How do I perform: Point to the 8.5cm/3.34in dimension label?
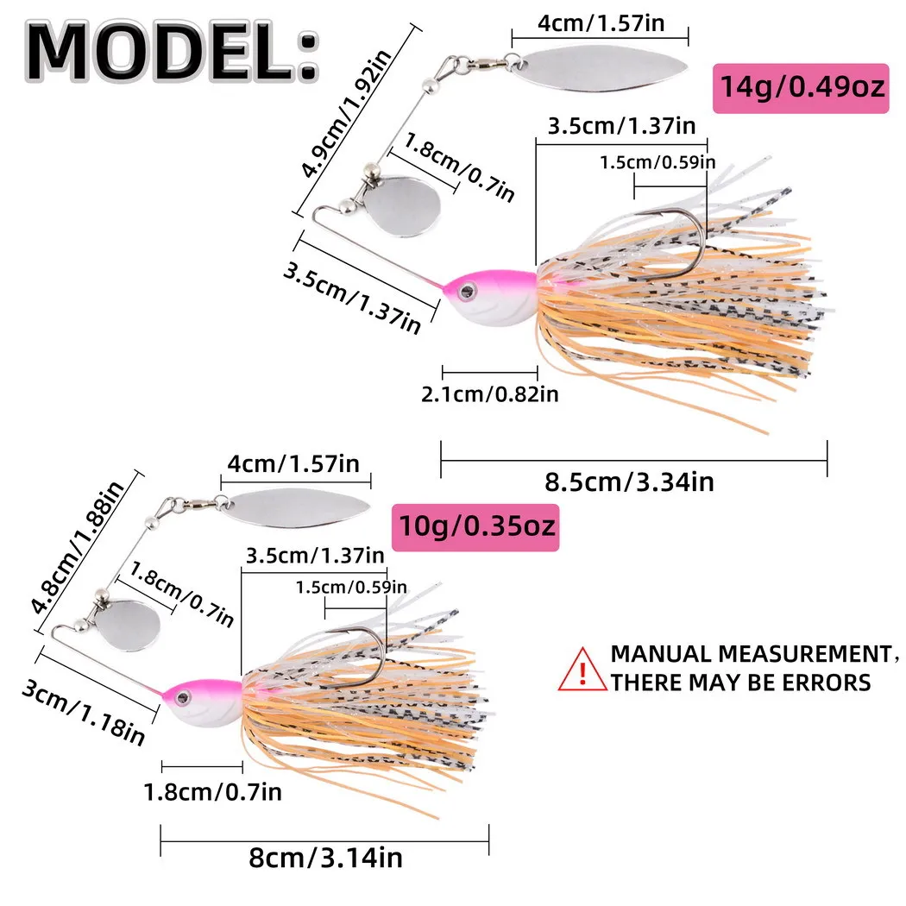click(630, 481)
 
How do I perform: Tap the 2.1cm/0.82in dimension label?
click(489, 394)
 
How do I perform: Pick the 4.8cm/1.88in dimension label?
click(79, 546)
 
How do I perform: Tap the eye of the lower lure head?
click(184, 692)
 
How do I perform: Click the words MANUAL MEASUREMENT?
click(747, 653)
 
